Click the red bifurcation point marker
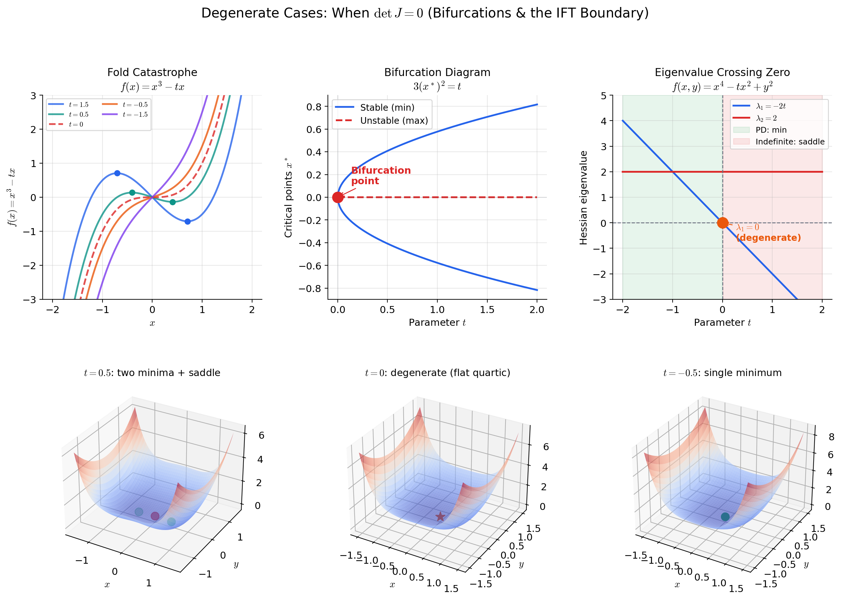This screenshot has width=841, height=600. (x=337, y=197)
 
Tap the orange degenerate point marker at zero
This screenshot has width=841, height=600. (x=722, y=223)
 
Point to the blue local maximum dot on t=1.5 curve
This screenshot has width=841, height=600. (x=117, y=173)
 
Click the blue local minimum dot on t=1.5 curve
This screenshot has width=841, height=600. (x=187, y=222)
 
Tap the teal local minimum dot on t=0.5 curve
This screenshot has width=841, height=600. (x=172, y=202)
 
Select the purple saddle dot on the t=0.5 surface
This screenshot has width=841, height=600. (x=155, y=516)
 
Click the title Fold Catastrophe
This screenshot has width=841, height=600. (x=152, y=73)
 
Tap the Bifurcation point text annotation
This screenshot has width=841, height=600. (x=380, y=176)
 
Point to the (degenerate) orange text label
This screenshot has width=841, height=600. (x=768, y=238)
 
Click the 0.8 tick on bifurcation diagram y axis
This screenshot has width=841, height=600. (x=314, y=107)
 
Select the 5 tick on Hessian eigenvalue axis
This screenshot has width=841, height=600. (x=603, y=96)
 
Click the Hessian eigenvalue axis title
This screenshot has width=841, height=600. (x=583, y=198)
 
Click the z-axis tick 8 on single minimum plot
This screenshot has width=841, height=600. (x=831, y=437)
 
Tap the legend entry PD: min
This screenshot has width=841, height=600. (x=771, y=130)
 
